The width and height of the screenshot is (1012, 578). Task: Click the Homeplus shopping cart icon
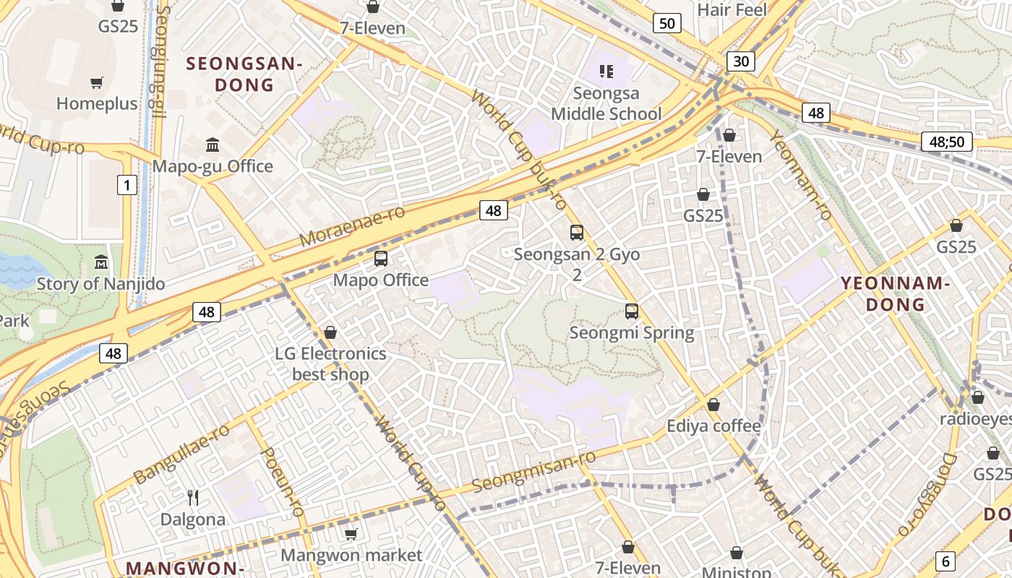(x=97, y=82)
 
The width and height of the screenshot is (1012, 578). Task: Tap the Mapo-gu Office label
(x=213, y=166)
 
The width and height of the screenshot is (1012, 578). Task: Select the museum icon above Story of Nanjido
(x=101, y=262)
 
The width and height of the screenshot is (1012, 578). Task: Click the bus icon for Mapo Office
(x=381, y=259)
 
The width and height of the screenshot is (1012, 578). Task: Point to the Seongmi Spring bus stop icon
(x=632, y=311)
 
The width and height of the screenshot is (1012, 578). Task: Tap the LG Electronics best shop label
(x=330, y=364)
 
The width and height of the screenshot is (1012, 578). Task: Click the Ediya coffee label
(x=713, y=426)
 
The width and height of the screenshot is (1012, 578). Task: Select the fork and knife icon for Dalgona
(x=193, y=498)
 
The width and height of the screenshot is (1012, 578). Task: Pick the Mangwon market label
(x=351, y=555)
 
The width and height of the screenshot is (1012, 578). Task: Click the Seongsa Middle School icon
(x=606, y=71)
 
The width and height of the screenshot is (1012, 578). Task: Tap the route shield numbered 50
(x=666, y=24)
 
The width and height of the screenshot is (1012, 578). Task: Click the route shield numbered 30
(x=741, y=61)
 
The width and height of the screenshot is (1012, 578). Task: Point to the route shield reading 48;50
(x=946, y=142)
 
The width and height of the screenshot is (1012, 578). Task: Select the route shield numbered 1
(x=127, y=186)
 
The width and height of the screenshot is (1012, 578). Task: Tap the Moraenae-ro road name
(x=352, y=225)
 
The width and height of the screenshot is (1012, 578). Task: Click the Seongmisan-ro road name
(x=534, y=471)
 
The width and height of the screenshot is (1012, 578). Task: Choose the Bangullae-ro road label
(x=182, y=454)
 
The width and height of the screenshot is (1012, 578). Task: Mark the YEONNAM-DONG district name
(x=896, y=293)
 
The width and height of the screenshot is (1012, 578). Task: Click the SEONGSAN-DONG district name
(x=244, y=74)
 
